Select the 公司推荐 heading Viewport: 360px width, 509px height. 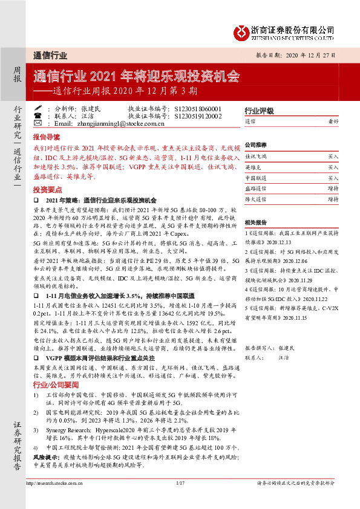[x=256, y=146]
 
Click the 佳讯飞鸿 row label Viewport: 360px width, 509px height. [x=255, y=156]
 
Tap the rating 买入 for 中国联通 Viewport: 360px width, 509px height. [x=333, y=178]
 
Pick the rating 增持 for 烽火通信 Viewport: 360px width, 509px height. [x=333, y=198]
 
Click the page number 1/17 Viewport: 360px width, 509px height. [x=179, y=500]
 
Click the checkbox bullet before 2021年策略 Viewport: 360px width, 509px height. [x=36, y=199]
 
